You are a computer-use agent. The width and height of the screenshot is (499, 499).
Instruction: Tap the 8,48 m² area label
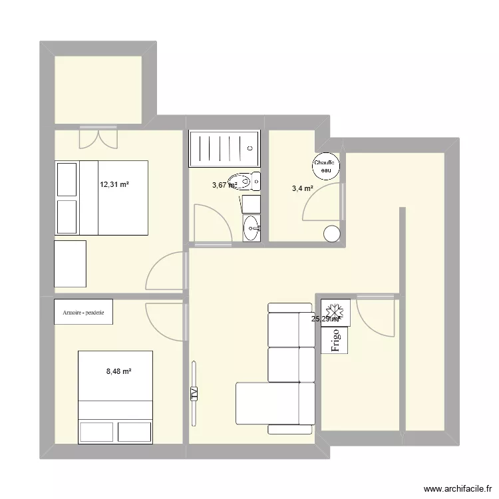coord(118,371)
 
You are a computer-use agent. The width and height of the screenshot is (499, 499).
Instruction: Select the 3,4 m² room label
coord(302,188)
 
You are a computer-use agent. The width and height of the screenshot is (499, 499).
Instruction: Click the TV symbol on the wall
coord(195,393)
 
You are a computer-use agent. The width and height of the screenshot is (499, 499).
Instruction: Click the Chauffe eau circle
coord(326,166)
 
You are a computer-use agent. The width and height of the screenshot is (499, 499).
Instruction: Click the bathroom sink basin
coord(251,228)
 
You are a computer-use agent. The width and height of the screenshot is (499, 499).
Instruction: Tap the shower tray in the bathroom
coord(224,148)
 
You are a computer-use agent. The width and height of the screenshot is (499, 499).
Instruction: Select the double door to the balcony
coord(98,138)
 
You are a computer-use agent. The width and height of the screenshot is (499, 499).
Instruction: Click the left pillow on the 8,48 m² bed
coord(97,432)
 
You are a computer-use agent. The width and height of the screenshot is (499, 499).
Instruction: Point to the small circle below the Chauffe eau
coord(331,234)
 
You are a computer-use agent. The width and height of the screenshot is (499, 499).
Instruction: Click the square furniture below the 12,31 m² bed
coord(70,264)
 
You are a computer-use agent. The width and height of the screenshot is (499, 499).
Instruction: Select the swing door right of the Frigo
coord(377,315)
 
